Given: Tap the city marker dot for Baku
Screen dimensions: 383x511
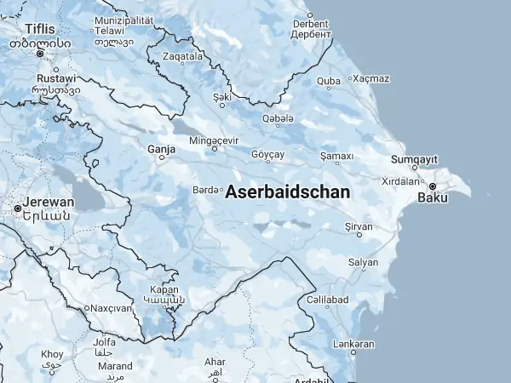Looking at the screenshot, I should pos(433,186).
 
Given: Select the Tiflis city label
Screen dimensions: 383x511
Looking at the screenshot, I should pos(39,29).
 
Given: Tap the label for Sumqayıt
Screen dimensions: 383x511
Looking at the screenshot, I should pos(414,160).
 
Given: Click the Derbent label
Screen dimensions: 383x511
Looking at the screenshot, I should pos(310,25).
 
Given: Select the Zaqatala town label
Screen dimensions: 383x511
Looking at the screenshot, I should pos(183,56).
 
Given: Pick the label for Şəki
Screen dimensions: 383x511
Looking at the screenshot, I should pos(222,97).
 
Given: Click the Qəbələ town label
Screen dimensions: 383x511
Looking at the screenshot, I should pos(278,117).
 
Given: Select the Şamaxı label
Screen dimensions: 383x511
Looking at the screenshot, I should pos(336,156).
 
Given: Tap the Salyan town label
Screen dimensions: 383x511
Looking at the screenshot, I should pos(364,262).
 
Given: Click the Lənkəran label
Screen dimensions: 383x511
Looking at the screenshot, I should pos(353,344).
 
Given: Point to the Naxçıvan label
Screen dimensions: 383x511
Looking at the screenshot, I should pos(112,307).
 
